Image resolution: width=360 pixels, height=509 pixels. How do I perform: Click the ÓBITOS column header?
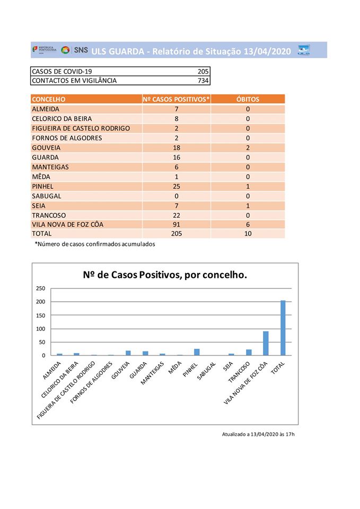(248, 99)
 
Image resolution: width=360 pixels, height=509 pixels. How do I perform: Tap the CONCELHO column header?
(49, 99)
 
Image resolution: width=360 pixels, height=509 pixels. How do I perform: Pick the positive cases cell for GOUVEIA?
(176, 148)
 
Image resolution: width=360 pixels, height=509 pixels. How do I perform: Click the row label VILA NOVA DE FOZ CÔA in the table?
(67, 224)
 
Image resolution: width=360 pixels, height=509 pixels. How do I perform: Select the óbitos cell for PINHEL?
(248, 186)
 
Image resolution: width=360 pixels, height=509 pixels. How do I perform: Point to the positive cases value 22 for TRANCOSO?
(176, 215)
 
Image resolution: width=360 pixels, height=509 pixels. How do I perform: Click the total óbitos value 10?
(248, 234)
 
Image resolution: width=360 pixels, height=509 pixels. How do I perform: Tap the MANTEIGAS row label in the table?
(50, 167)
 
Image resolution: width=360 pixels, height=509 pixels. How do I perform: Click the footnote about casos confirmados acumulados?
(95, 244)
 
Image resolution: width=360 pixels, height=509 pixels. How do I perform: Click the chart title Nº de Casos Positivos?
(165, 275)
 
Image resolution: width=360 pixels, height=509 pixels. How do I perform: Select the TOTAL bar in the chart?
(283, 328)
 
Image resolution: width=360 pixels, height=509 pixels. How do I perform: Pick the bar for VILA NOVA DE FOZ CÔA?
(266, 343)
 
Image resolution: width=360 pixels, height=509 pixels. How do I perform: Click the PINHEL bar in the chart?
(197, 352)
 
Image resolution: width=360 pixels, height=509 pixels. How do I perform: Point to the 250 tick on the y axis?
(41, 288)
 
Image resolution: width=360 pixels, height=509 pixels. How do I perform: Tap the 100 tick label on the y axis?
(41, 329)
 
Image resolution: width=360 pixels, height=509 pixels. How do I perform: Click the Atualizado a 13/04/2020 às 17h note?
(258, 434)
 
